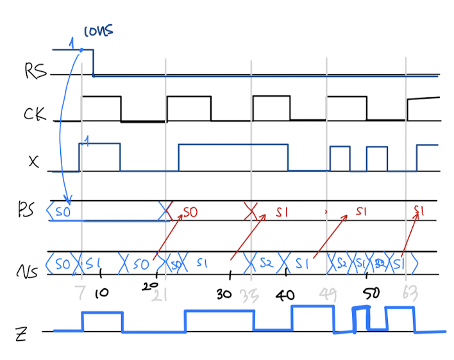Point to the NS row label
(x=25, y=270)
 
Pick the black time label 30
(x=224, y=294)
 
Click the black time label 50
(x=371, y=294)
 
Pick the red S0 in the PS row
(x=190, y=211)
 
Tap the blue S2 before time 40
(x=266, y=263)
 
